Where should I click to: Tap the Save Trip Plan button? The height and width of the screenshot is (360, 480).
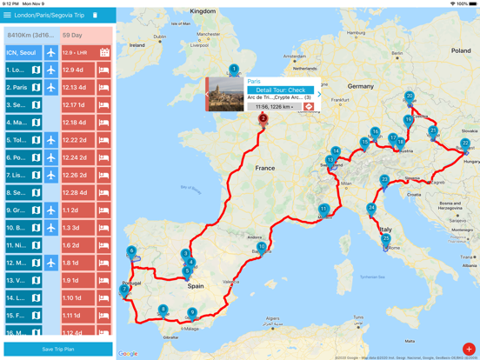pyautogui.click(x=58, y=349)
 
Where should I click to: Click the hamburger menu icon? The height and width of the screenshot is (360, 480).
pyautogui.click(x=8, y=15)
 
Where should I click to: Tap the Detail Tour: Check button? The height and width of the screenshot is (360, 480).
pyautogui.click(x=280, y=90)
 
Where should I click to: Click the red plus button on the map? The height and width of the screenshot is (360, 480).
pyautogui.click(x=468, y=349)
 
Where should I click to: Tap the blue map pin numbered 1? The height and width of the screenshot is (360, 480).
pyautogui.click(x=234, y=70)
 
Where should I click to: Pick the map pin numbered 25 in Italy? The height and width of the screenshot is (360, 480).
pyautogui.click(x=386, y=239)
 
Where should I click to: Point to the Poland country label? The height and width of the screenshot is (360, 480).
pyautogui.click(x=460, y=51)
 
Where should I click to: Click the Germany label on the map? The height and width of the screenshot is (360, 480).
pyautogui.click(x=360, y=87)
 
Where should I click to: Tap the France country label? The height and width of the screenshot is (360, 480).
pyautogui.click(x=264, y=168)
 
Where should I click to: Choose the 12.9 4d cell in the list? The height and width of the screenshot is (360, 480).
pyautogui.click(x=77, y=70)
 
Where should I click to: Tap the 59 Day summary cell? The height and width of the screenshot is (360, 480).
pyautogui.click(x=86, y=36)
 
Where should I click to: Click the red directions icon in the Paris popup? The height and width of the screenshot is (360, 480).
pyautogui.click(x=309, y=107)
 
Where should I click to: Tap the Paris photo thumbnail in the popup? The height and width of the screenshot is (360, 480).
pyautogui.click(x=224, y=94)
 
